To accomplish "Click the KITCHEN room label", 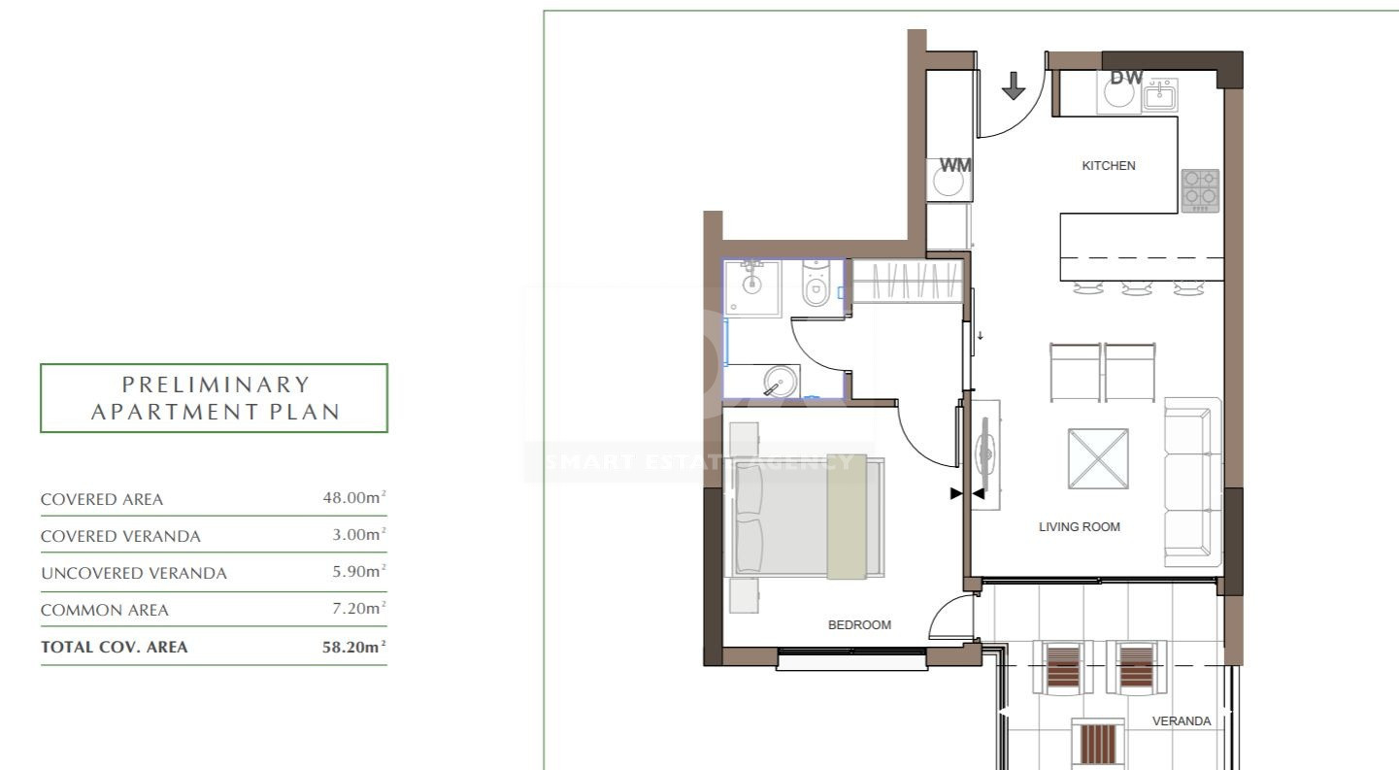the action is pos(1109,165).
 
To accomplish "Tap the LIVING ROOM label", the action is pos(1080,527).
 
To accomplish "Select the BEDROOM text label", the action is pos(859,624).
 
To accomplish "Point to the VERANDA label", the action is pos(1181,720).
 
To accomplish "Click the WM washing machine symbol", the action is pos(949,178).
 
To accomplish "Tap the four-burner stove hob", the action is pos(1200,190).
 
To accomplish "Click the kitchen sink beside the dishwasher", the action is pos(1160,95).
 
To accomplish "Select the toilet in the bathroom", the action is pos(816,285).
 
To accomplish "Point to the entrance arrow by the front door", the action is pos(1013,85).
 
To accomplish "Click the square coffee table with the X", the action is pos(1098,458).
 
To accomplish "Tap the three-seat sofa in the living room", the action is pos(1192,483).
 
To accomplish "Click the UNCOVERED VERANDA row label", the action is pos(134,573).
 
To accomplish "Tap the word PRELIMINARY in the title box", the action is pos(217,385).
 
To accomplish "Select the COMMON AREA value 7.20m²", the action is pos(359,608).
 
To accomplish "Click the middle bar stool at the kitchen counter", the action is pos(1136,287).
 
